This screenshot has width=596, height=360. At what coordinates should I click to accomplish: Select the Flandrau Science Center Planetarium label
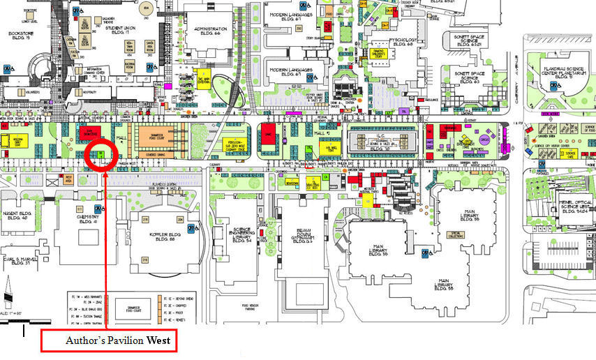[x=560, y=71]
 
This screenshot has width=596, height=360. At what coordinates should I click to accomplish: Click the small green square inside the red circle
[x=100, y=153]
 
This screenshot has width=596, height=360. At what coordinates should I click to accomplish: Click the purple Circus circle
[x=484, y=139]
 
